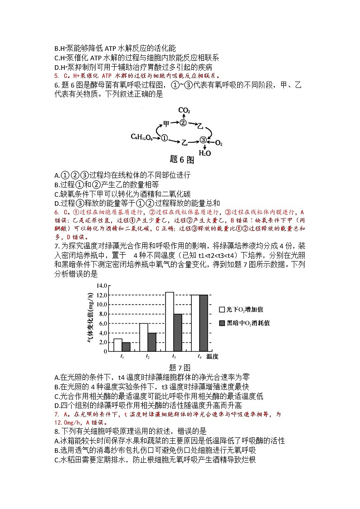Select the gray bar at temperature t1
(x=126, y=347)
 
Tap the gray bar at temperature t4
(x=204, y=323)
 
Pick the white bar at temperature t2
(x=143, y=337)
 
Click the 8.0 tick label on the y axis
(x=102, y=314)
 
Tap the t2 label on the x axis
(x=148, y=357)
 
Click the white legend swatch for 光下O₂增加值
(x=222, y=310)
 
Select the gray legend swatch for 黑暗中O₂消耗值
(x=222, y=323)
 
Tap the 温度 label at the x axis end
(x=213, y=357)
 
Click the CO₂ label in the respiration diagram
(x=184, y=110)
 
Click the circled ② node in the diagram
(x=183, y=123)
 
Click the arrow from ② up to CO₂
(x=183, y=116)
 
